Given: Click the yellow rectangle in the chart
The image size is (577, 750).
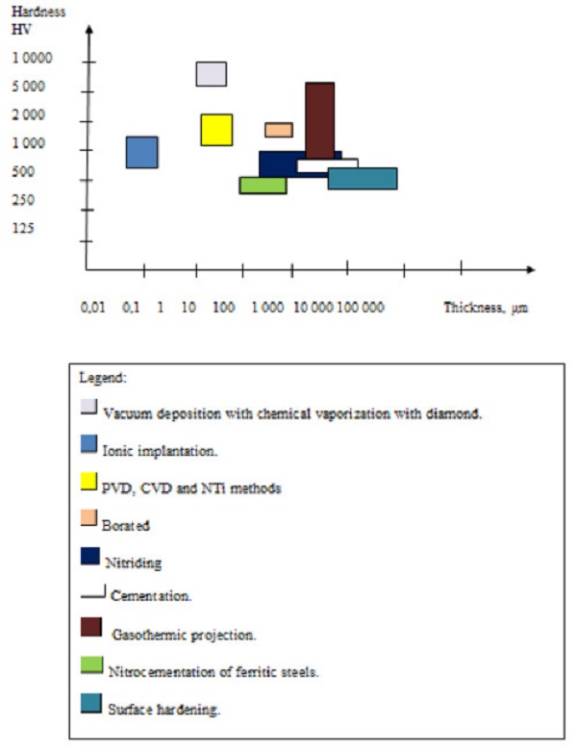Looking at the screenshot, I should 216,130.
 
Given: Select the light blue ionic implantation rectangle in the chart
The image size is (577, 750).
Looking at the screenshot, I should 142,152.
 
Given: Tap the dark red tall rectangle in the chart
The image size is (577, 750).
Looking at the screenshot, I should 319,119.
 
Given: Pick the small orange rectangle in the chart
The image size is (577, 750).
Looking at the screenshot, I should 279,130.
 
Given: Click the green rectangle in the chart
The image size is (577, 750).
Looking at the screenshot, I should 263,186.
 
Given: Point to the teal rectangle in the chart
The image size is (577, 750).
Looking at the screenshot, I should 363,179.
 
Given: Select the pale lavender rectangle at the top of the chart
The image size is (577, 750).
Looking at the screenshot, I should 212,74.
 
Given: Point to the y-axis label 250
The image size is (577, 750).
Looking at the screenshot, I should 26,200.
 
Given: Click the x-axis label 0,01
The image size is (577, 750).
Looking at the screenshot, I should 93,308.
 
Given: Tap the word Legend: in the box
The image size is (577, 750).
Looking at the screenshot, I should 102,378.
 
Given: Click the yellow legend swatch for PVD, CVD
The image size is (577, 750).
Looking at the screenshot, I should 88,481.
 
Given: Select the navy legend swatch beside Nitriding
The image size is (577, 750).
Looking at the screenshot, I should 88,556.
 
